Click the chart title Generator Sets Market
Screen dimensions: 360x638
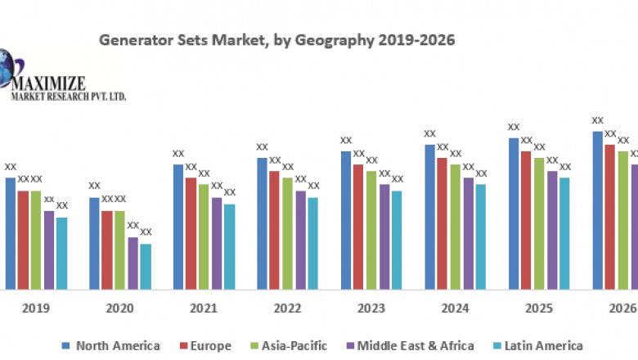[276, 39]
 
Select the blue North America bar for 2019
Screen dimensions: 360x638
[10, 233]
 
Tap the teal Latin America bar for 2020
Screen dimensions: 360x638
[145, 266]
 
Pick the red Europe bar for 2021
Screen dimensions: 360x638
[191, 233]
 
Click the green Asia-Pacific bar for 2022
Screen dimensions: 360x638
[287, 233]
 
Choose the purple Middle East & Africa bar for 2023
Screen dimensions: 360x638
[384, 236]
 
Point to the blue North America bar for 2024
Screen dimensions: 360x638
[429, 217]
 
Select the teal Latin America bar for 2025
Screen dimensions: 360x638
[564, 233]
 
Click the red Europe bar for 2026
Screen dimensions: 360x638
[610, 217]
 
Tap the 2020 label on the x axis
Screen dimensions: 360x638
[120, 308]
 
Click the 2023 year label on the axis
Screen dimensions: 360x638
[372, 308]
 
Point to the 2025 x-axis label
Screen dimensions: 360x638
[540, 308]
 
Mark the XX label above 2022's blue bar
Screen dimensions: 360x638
[262, 147]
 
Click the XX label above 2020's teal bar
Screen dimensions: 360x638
[146, 232]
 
